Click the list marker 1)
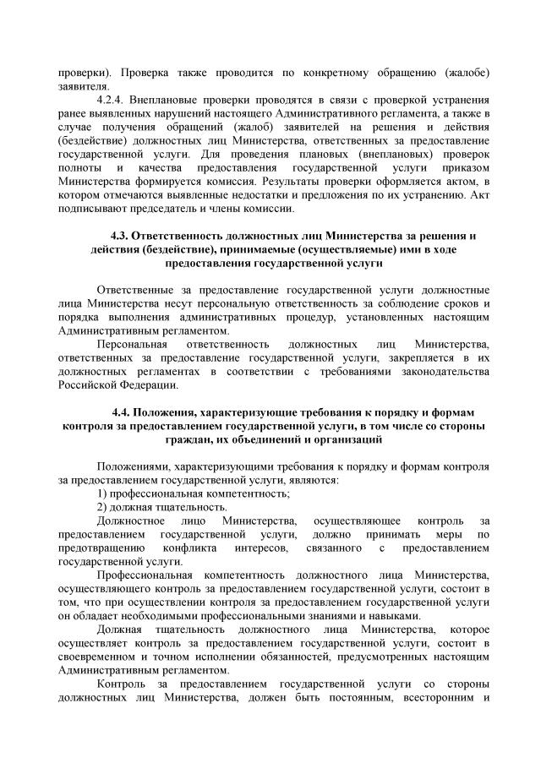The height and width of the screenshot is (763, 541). point(101,493)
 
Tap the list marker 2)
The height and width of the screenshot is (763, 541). point(101,508)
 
